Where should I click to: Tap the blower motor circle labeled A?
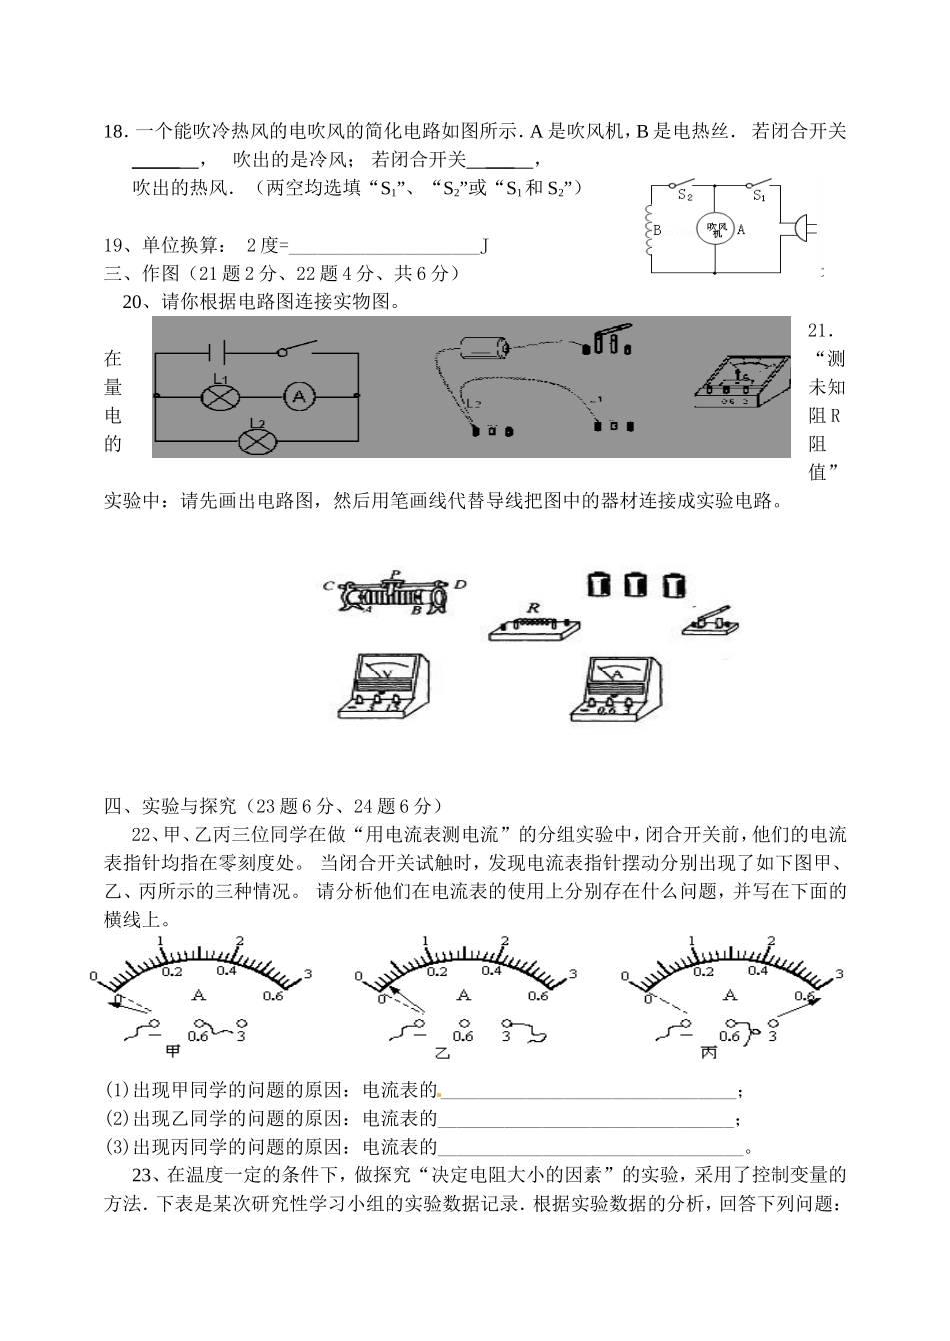click(715, 229)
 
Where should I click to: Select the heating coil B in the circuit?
click(651, 229)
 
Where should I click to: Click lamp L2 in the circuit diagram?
click(256, 438)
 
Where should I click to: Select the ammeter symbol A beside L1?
click(297, 396)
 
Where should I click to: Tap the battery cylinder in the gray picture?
click(483, 349)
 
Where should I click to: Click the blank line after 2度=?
click(384, 245)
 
